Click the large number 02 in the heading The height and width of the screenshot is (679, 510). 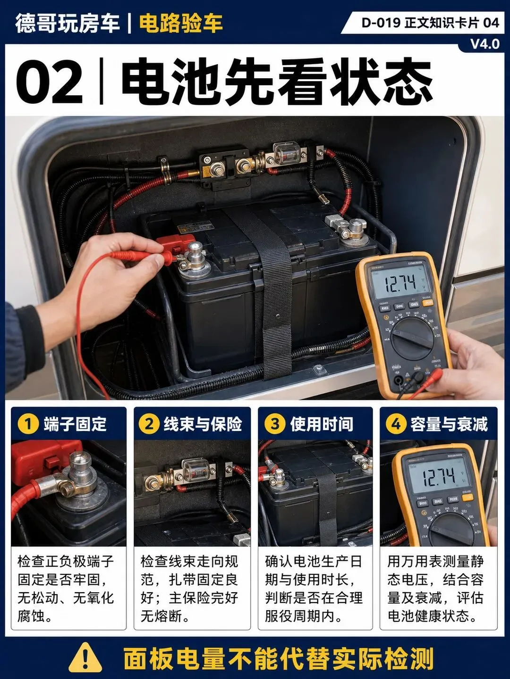pyautogui.click(x=50, y=82)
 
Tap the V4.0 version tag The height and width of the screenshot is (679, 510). pyautogui.click(x=485, y=44)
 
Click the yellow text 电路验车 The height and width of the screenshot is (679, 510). pyautogui.click(x=181, y=23)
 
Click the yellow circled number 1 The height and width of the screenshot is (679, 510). pyautogui.click(x=28, y=424)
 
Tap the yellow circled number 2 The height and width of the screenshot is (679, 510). pyautogui.click(x=149, y=424)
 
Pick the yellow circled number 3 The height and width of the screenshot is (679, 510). pyautogui.click(x=274, y=424)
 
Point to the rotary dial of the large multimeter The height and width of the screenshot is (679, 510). pyautogui.click(x=412, y=339)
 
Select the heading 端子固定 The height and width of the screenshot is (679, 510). pyautogui.click(x=75, y=424)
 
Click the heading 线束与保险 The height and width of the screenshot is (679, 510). pyautogui.click(x=203, y=424)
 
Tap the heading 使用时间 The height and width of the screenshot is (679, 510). pyautogui.click(x=322, y=424)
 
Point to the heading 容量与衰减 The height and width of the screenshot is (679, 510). pyautogui.click(x=449, y=424)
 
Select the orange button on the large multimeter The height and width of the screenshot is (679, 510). pyautogui.click(x=428, y=303)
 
